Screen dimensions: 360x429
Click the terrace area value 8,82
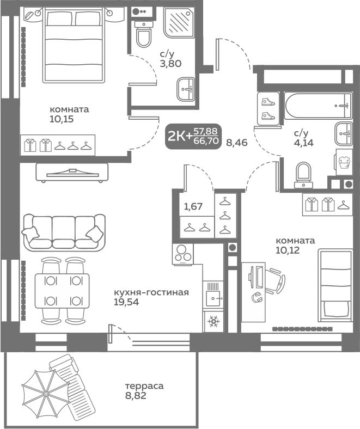(136, 395)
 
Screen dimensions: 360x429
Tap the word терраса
(144, 386)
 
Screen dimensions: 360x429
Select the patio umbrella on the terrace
(46, 393)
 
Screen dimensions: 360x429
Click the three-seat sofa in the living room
(64, 232)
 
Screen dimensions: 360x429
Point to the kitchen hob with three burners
(183, 254)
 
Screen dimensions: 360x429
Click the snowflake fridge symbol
(213, 321)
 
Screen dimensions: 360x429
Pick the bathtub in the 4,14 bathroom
(318, 105)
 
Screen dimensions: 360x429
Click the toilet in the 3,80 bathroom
(143, 35)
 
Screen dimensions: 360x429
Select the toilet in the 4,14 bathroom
(303, 175)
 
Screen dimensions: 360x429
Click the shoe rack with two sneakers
(268, 109)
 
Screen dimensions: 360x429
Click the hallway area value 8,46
(237, 142)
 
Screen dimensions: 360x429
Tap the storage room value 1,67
(193, 206)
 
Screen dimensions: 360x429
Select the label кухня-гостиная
(151, 292)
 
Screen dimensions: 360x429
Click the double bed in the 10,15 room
(74, 45)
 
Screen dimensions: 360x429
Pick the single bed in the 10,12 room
(335, 285)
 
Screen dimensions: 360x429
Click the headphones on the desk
(257, 297)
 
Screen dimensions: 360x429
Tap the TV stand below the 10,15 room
(72, 173)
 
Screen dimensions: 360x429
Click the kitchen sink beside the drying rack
(213, 295)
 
